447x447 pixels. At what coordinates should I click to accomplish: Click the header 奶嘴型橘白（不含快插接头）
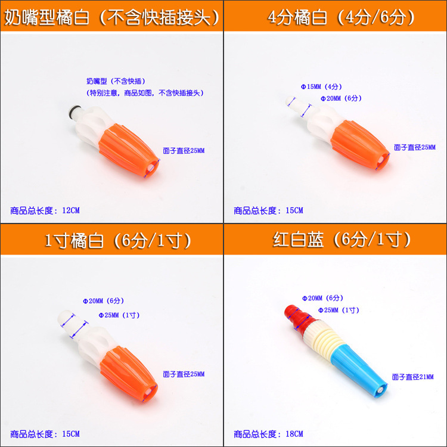coord(111,18)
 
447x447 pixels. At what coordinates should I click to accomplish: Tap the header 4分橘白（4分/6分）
coord(341,17)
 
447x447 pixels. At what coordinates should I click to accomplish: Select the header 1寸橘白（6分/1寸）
coord(117,240)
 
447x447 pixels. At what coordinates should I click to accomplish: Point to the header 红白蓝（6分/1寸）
coord(342,239)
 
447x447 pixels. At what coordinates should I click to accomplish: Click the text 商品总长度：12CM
coord(45,210)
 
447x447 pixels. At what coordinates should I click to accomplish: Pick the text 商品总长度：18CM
coord(269,434)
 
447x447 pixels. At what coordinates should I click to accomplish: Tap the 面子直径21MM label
coord(412,377)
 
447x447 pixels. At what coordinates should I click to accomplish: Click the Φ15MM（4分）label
coord(321,86)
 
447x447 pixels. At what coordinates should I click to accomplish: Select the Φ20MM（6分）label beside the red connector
coord(322,298)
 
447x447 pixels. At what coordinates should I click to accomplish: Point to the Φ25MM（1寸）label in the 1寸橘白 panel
coord(119,315)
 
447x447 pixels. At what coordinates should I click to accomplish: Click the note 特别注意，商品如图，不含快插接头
coord(145,93)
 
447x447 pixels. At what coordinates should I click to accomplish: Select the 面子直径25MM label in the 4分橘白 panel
coord(414,147)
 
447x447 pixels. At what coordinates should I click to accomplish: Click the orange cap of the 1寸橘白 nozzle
coord(129,374)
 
